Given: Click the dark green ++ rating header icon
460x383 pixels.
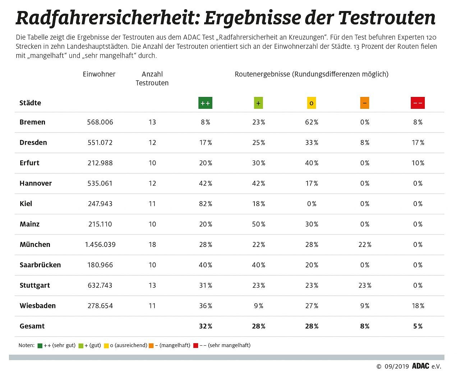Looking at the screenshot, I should (x=205, y=103).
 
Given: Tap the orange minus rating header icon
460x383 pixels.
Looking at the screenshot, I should (x=364, y=103).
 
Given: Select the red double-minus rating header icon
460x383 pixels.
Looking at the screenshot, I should (x=418, y=103).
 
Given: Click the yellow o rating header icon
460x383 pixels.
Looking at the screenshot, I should (x=311, y=103).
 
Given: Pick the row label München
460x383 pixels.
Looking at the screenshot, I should (x=35, y=244).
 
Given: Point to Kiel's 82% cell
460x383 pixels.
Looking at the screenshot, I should (x=205, y=204).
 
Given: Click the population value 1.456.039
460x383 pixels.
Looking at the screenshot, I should (x=100, y=244).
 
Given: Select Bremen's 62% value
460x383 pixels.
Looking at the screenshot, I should (x=311, y=122).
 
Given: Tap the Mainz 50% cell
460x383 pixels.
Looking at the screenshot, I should (x=258, y=224).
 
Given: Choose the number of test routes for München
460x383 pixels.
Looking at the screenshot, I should (x=152, y=244).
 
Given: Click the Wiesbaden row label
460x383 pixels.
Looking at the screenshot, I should (x=37, y=306).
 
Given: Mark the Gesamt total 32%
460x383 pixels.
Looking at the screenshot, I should (x=205, y=326).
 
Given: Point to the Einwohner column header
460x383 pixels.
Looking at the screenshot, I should (x=99, y=74).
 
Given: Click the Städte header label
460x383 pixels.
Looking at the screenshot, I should (x=30, y=103).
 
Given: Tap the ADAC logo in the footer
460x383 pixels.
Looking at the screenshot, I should (x=420, y=366).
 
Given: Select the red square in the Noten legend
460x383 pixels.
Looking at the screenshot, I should (x=195, y=346).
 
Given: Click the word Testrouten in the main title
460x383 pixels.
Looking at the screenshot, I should (x=387, y=18).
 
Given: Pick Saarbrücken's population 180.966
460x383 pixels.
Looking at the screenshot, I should (x=100, y=265).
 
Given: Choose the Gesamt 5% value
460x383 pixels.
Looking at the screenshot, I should (x=418, y=326).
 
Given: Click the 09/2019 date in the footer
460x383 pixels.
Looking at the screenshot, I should (x=396, y=366).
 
